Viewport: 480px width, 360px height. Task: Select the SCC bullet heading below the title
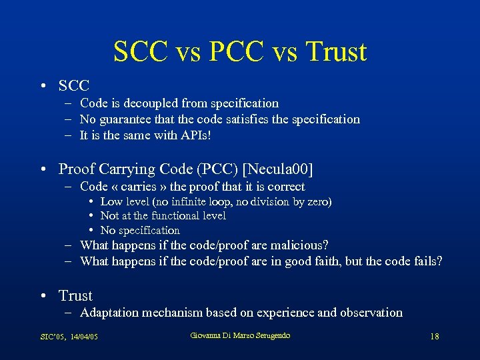coord(74,85)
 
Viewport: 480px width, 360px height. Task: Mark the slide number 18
coord(434,337)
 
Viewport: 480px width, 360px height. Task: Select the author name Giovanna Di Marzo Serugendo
coord(240,335)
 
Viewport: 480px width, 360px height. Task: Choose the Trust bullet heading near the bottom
coord(75,295)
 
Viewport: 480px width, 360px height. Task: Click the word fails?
coord(424,261)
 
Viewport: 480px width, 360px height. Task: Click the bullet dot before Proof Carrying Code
coord(43,169)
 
